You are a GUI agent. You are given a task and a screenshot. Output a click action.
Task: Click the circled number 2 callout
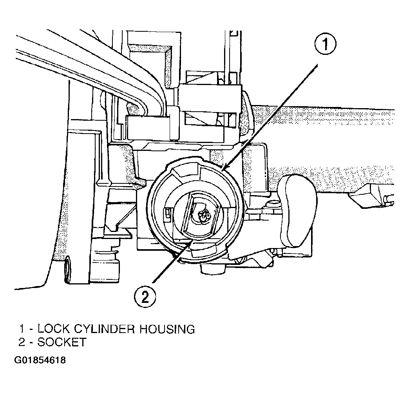point(145,297)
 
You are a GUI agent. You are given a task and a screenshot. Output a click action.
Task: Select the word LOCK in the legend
point(53,329)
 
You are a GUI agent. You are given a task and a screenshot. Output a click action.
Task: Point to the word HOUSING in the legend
point(167,329)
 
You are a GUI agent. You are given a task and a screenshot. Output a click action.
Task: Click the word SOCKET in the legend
point(62,342)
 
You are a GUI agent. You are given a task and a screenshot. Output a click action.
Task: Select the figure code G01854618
point(40,360)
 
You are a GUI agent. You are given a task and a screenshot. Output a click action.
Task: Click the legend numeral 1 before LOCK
point(22,329)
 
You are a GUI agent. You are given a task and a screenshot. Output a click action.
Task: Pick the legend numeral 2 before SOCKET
point(22,342)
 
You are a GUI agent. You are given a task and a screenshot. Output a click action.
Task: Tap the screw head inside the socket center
point(203,214)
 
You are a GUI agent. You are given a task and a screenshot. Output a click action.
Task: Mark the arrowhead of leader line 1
point(223,168)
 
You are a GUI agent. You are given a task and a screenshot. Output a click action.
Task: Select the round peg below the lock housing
point(213,269)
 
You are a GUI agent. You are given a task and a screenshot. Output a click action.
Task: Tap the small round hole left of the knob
point(273,203)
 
